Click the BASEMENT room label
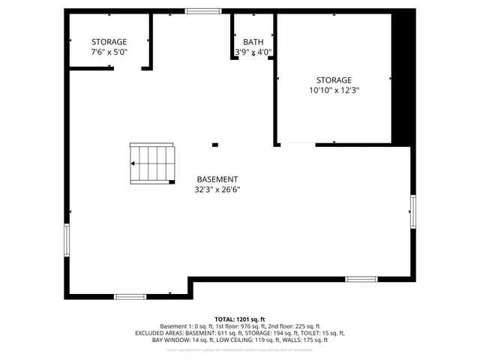pos(217,179)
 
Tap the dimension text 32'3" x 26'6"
pos(217,190)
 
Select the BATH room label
pos(253,42)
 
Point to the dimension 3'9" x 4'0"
pos(253,52)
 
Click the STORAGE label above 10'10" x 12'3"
pos(334,79)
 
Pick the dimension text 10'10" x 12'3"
pos(334,90)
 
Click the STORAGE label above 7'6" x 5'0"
pos(109,42)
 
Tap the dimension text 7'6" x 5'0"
pos(109,52)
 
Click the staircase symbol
pos(151,163)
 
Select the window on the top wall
pos(203,10)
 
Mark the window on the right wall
pos(412,211)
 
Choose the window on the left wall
pos(67,240)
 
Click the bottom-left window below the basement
pos(130,297)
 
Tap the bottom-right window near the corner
pos(361,279)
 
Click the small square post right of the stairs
pos(215,145)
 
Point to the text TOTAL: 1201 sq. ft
pos(240,319)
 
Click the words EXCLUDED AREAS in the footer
pos(159,333)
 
